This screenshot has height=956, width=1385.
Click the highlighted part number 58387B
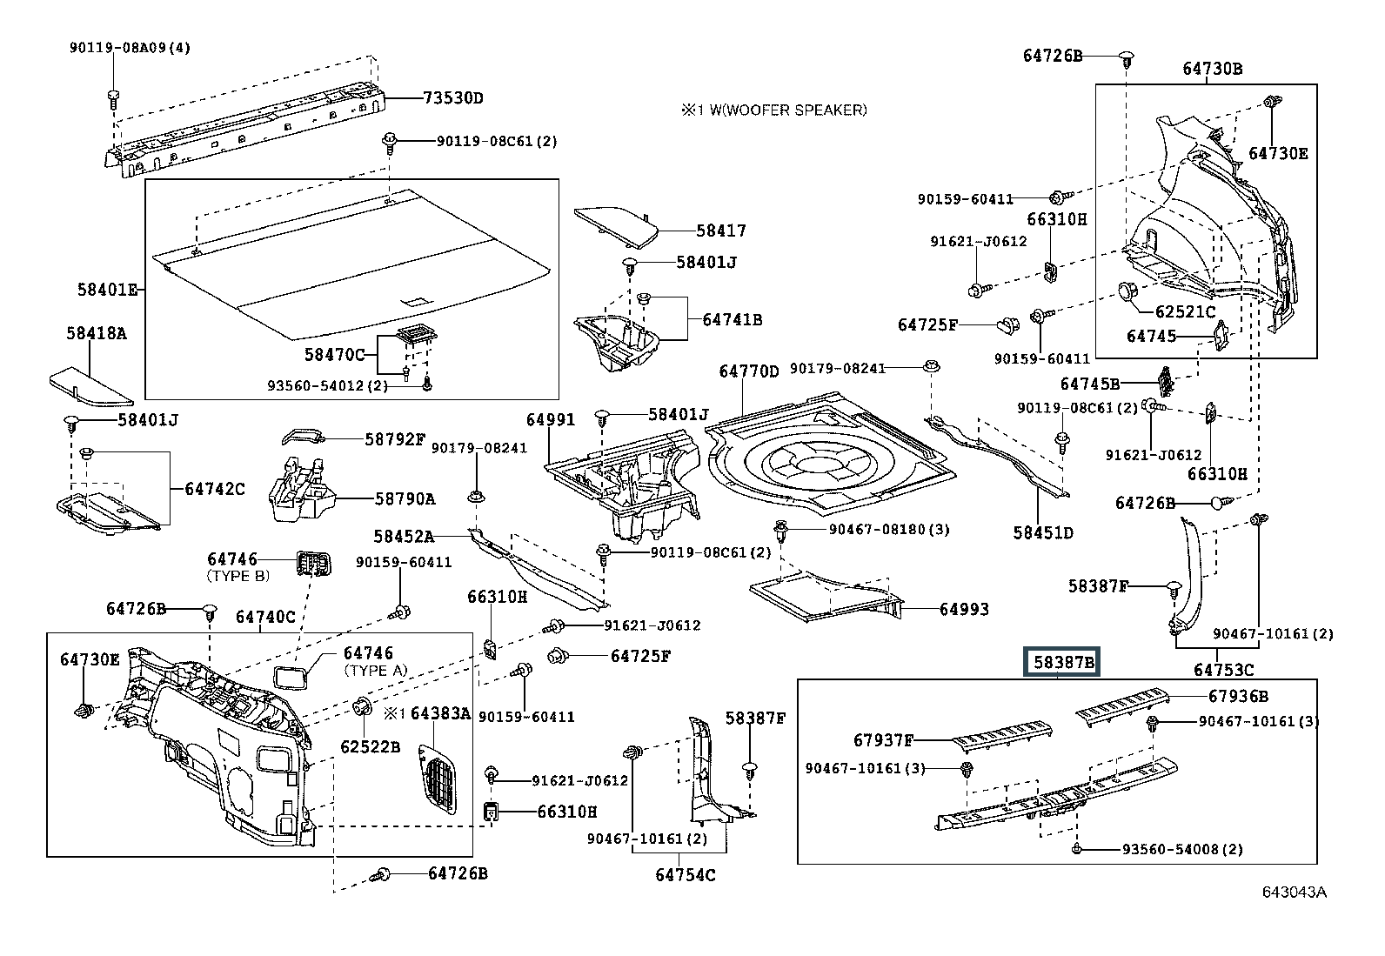coord(1063,663)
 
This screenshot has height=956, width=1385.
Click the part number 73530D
coord(452,97)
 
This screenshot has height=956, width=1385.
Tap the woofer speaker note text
coord(773,110)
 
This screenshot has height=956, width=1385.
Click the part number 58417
coord(720,231)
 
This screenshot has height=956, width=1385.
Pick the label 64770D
coord(749,371)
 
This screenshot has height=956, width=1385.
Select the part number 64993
coord(964,610)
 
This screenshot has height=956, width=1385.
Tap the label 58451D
coord(1042,532)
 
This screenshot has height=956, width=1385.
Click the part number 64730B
coord(1212,69)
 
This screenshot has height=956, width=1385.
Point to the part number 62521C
coord(1185,311)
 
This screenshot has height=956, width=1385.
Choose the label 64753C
coord(1223,670)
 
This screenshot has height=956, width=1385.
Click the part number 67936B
coord(1237,696)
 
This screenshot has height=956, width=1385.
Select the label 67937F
coord(883,741)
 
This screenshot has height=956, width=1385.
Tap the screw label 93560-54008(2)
coord(1169,850)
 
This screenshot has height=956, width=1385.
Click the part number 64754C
coord(686,874)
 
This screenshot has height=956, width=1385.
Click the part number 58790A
coord(405,498)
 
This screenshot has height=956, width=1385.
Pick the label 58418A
coord(96,332)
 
